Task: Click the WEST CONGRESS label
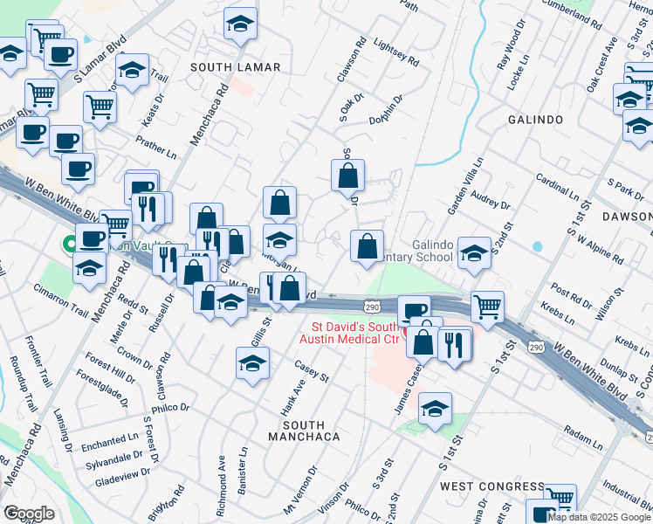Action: (x=492, y=486)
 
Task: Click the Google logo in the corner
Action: (x=29, y=514)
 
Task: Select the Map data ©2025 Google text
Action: (x=599, y=517)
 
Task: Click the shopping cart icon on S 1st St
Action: (x=486, y=306)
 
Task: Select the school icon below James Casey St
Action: (x=435, y=409)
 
